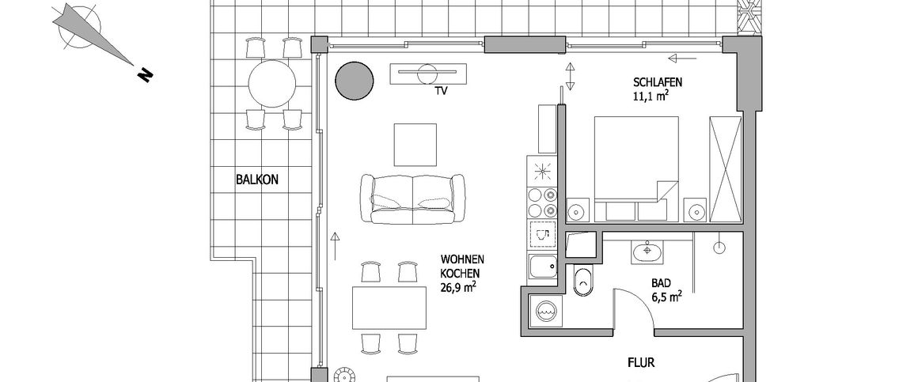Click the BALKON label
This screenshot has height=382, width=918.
pyautogui.click(x=257, y=180)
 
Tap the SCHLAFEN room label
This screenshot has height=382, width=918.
pyautogui.click(x=657, y=82)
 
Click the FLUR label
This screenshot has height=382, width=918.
pyautogui.click(x=641, y=364)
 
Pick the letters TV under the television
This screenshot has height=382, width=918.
pyautogui.click(x=441, y=92)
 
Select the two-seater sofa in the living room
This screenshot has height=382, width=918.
pyautogui.click(x=412, y=198)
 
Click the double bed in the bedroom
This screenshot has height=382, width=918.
pyautogui.click(x=636, y=162)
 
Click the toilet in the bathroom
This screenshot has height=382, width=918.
pyautogui.click(x=584, y=282)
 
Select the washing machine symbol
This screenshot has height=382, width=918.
pyautogui.click(x=545, y=311)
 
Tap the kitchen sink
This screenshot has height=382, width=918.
pyautogui.click(x=544, y=268)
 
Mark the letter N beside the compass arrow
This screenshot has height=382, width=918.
pyautogui.click(x=145, y=74)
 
